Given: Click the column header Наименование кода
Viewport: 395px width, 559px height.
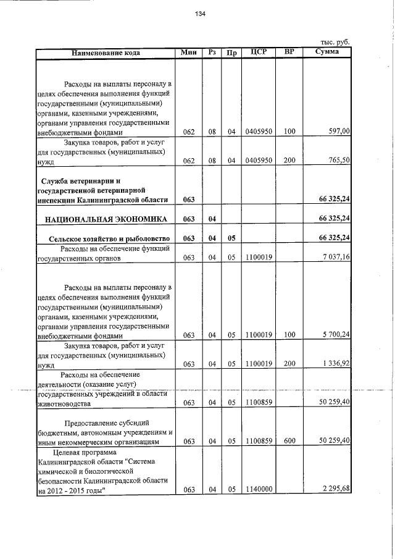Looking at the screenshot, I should pyautogui.click(x=106, y=53).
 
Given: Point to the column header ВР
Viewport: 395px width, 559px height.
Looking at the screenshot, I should pyautogui.click(x=289, y=52).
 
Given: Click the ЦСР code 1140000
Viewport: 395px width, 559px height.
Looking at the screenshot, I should pyautogui.click(x=259, y=490).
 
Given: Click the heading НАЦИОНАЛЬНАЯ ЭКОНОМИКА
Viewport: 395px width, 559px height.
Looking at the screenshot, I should pyautogui.click(x=105, y=219).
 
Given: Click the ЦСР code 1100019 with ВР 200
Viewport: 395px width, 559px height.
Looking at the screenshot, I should pyautogui.click(x=259, y=364).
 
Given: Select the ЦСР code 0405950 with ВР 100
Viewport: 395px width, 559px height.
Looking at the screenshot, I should pyautogui.click(x=259, y=131).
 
